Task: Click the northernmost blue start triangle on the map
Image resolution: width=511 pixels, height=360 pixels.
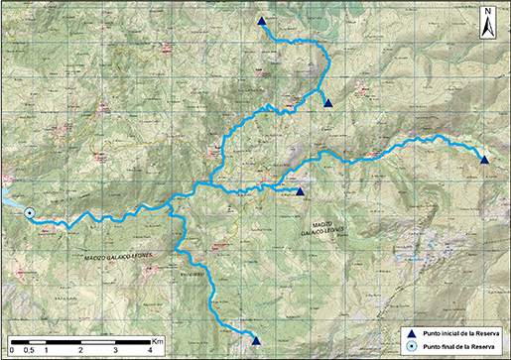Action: [261, 21]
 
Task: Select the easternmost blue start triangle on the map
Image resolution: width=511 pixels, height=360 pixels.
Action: [484, 160]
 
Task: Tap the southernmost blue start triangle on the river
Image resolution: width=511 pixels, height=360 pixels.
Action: [256, 341]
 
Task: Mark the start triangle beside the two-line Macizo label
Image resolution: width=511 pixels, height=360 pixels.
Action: [300, 191]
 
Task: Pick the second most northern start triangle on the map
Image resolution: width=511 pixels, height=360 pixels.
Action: [327, 102]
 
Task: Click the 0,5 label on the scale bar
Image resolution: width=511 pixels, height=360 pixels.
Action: [30, 350]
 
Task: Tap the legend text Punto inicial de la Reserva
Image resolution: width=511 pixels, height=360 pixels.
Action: [457, 333]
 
